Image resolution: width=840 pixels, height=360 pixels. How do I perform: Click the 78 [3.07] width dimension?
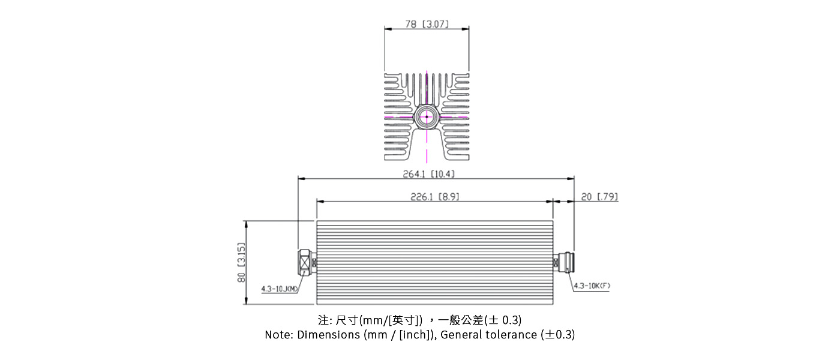[x=427, y=25]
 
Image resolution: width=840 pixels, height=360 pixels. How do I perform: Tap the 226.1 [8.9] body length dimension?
[x=435, y=197]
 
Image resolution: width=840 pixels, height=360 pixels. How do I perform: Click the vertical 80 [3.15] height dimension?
[x=241, y=262]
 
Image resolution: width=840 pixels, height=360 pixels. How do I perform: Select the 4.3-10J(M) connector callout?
[x=280, y=289]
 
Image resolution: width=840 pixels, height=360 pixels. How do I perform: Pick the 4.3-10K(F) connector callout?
[x=592, y=286]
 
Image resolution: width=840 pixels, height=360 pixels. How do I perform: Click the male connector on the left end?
[x=307, y=262]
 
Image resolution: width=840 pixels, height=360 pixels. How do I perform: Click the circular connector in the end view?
[x=427, y=116]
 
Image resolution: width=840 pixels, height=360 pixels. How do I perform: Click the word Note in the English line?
[x=278, y=335]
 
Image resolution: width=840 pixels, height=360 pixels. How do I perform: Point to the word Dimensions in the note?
[x=328, y=335]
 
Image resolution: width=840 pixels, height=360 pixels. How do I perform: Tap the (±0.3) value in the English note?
[x=558, y=335]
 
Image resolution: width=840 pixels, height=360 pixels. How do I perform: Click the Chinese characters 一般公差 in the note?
[x=463, y=319]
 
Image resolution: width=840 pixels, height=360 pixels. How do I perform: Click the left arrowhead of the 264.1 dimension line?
[x=301, y=178]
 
